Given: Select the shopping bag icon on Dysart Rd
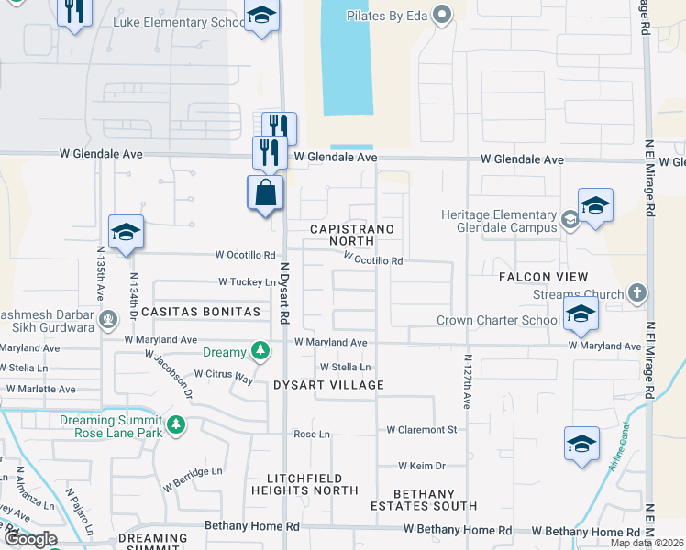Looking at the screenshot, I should tap(265, 193).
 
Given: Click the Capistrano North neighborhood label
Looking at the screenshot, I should tap(352, 235).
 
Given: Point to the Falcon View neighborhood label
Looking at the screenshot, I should tap(543, 277).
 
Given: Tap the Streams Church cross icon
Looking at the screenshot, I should tap(637, 294).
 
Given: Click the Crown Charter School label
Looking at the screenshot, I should tap(498, 321).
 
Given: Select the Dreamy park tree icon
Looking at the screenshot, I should tap(261, 351).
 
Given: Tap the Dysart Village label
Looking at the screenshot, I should tap(328, 385).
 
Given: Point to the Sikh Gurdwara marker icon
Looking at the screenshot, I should tap(109, 319).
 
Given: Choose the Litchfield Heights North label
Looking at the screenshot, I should tap(312, 484).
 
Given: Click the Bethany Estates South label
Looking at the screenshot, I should tap(424, 500).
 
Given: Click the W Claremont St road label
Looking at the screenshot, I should tap(421, 429).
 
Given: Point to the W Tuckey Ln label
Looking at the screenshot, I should tap(247, 282).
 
